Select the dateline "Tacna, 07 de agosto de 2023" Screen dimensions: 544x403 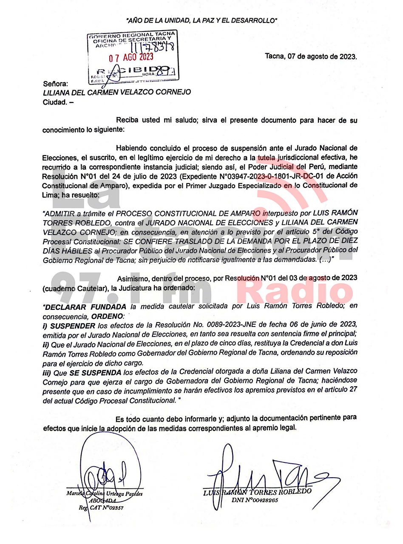coord(311,56)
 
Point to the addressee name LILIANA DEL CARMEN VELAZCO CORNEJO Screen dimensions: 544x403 coord(117,92)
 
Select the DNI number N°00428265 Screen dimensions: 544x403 coord(255,500)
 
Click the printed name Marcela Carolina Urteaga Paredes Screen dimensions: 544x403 coord(105,494)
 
